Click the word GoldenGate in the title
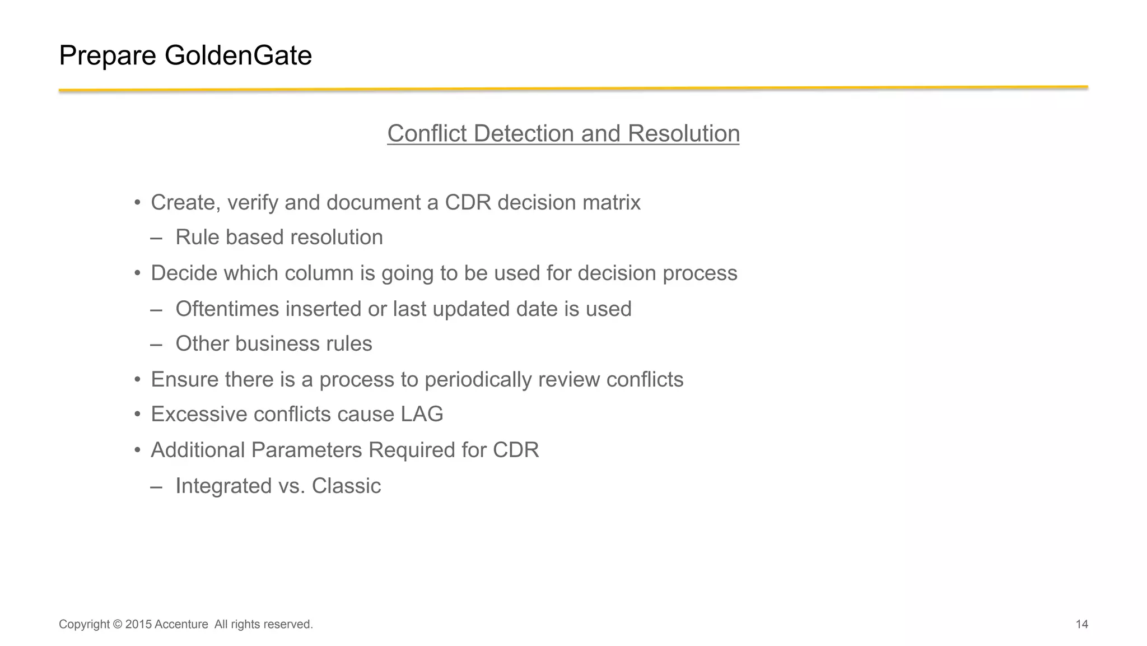pyautogui.click(x=238, y=55)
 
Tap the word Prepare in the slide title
pyautogui.click(x=108, y=55)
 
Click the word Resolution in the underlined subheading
pyautogui.click(x=683, y=133)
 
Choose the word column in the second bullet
pyautogui.click(x=319, y=273)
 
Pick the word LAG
pyautogui.click(x=422, y=415)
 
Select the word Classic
pyautogui.click(x=346, y=486)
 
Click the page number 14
pyautogui.click(x=1081, y=624)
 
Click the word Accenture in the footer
pyautogui.click(x=181, y=624)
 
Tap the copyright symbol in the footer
pyautogui.click(x=117, y=624)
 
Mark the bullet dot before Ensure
pyautogui.click(x=137, y=380)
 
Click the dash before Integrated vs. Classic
pyautogui.click(x=156, y=486)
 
